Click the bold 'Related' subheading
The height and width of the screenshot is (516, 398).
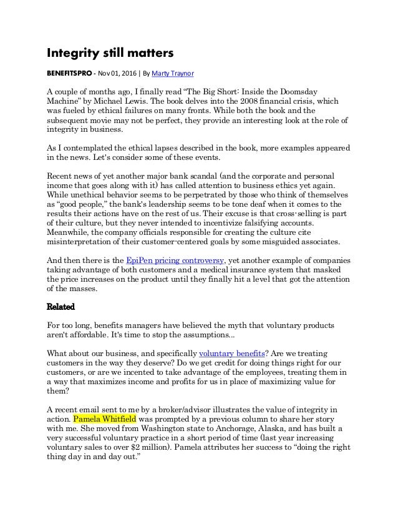pyautogui.click(x=61, y=307)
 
